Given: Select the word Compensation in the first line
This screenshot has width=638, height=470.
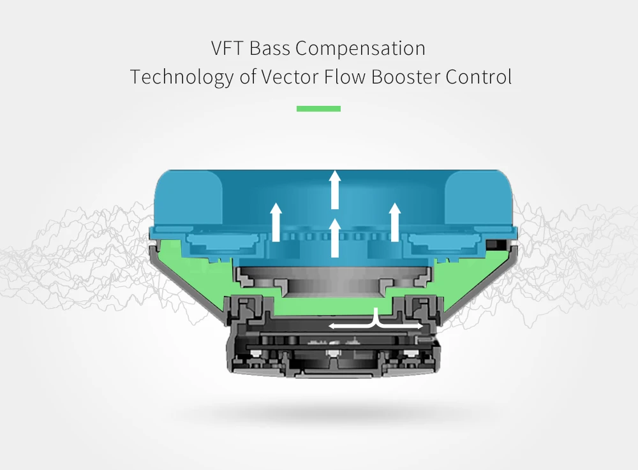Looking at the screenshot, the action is coord(361,48).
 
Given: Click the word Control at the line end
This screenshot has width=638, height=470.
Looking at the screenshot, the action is coord(478,77).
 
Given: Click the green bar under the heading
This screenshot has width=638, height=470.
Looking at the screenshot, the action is coord(318,108).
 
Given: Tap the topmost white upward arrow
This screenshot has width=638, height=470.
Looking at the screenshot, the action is coord(334,189).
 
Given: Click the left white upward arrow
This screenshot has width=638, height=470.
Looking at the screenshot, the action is coord(276,222).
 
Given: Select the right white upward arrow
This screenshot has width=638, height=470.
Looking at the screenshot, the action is coord(395,222).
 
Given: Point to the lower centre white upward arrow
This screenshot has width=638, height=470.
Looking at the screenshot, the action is coord(334,237).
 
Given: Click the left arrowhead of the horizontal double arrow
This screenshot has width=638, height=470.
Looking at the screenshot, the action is coord(332,326).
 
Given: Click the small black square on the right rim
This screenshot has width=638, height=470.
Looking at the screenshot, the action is coord(492,245).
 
